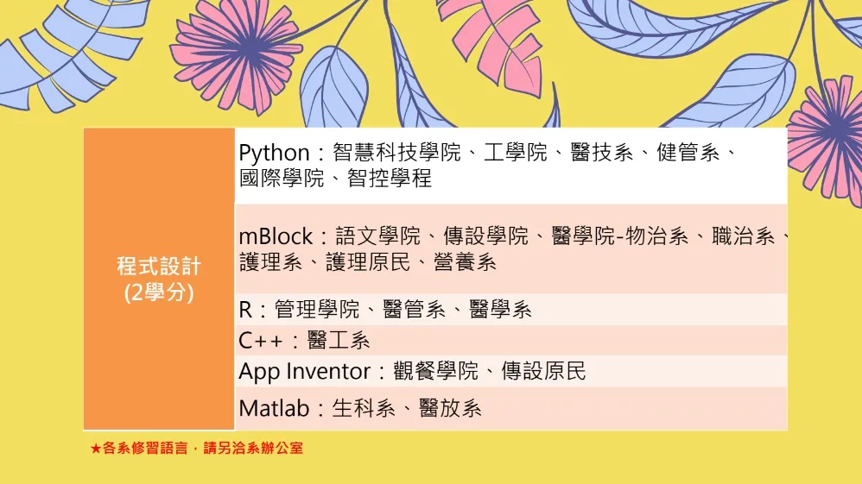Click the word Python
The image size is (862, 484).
[275, 154]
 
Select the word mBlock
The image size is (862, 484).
[276, 236]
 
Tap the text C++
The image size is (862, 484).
[261, 341]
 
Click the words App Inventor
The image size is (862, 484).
[305, 372]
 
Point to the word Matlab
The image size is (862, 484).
[275, 408]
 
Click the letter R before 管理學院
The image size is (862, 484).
[245, 310]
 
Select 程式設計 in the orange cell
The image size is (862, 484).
[159, 267]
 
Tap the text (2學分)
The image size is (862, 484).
[159, 292]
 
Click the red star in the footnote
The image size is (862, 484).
[96, 449]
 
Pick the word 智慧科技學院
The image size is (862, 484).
[396, 153]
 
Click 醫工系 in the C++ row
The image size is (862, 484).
[338, 341]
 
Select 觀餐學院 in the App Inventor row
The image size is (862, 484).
[435, 371]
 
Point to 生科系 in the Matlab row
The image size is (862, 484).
[364, 408]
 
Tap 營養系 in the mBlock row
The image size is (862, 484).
[465, 262]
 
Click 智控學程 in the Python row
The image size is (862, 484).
[390, 178]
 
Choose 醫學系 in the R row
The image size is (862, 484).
[500, 310]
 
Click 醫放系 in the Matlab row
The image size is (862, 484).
[450, 408]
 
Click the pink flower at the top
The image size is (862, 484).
[237, 51]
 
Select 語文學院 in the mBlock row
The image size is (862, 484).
[377, 236]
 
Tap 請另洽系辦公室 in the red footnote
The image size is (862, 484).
[253, 449]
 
